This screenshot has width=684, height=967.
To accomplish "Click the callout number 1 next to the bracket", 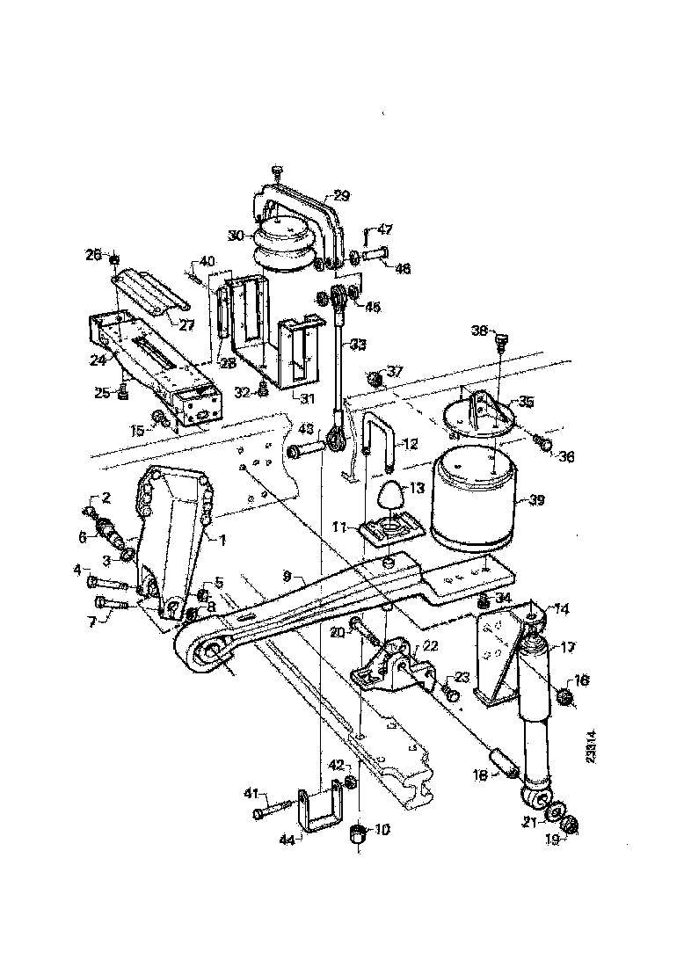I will [x=222, y=540].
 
